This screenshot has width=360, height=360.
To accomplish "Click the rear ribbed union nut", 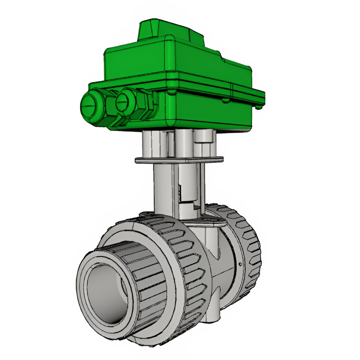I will tap(246, 246).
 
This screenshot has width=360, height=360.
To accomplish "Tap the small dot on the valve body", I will tap(240, 264).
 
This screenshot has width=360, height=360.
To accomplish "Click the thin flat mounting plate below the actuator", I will tap(179, 160).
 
